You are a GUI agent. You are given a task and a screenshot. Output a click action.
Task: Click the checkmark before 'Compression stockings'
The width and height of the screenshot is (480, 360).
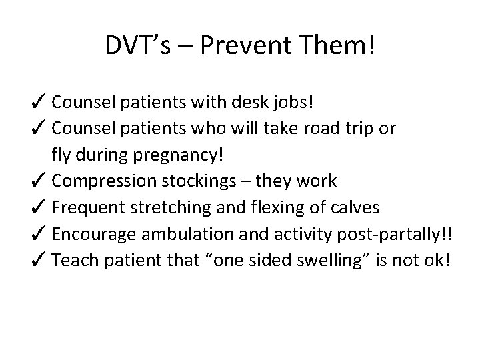tap(39, 181)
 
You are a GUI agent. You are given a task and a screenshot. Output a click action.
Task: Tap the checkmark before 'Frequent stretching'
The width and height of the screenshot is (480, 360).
tap(39, 207)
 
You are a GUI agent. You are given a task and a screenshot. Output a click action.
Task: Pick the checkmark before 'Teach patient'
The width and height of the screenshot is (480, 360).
tap(39, 259)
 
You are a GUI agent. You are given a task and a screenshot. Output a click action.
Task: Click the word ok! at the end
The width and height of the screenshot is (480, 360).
tap(437, 259)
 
